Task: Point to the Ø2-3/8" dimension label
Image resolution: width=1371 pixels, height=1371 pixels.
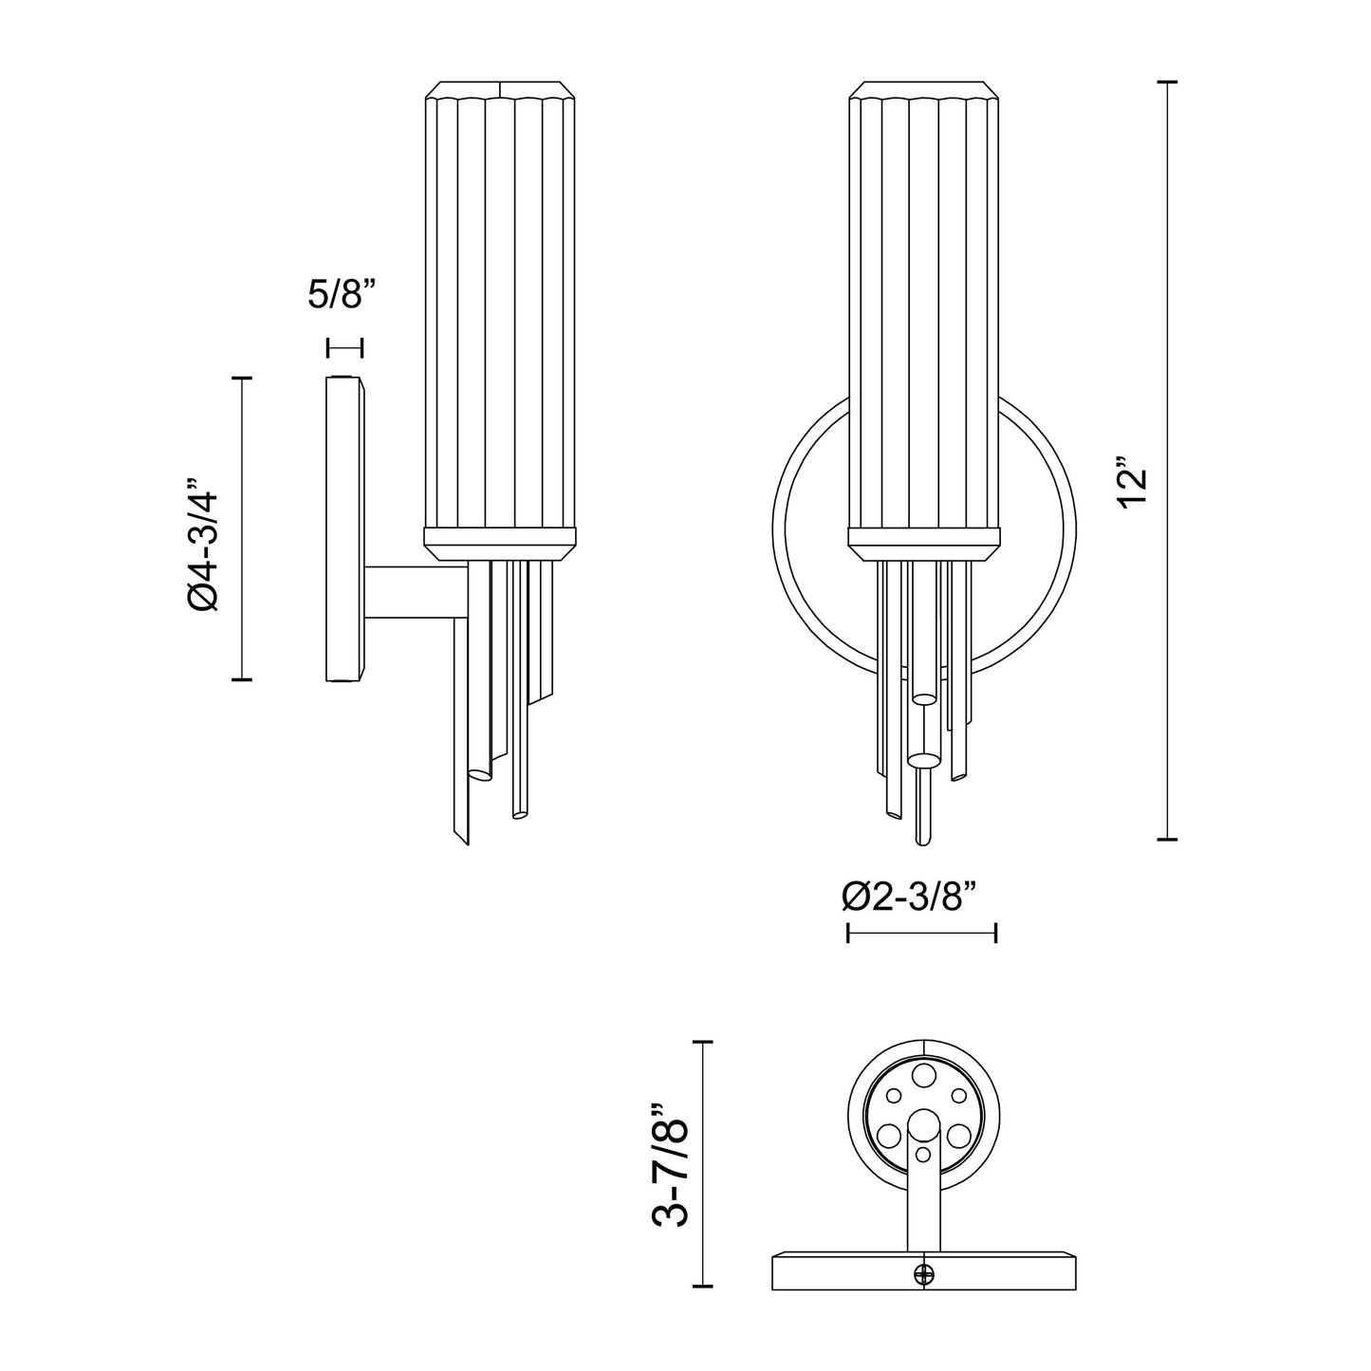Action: click(x=909, y=897)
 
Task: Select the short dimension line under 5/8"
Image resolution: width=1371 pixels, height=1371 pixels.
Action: click(x=343, y=348)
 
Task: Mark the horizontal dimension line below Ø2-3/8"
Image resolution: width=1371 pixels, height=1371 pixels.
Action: click(x=920, y=935)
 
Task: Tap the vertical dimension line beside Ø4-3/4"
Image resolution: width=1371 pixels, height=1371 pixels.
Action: click(x=244, y=528)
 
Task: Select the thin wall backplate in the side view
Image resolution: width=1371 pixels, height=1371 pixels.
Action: click(x=343, y=528)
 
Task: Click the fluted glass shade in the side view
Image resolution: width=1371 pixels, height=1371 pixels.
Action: click(x=499, y=304)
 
